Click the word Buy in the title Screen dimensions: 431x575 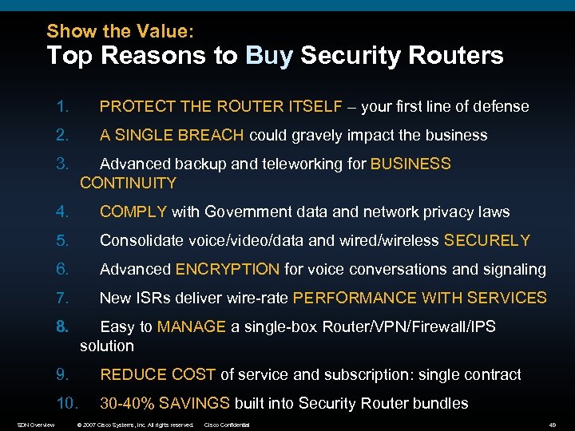(271, 56)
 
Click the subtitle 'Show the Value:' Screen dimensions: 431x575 (120, 31)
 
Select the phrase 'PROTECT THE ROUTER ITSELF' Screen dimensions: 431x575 (221, 107)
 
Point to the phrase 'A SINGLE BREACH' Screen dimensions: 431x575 (172, 136)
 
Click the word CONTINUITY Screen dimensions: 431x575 (128, 184)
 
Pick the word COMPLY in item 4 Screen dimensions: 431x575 (133, 212)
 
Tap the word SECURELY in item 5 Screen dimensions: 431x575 (487, 241)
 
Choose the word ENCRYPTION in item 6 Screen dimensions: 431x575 (228, 270)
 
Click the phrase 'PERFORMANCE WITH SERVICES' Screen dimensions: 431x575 (420, 299)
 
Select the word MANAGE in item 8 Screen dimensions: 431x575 (192, 327)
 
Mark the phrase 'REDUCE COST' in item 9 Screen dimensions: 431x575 (157, 375)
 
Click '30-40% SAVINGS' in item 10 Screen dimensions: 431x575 (165, 404)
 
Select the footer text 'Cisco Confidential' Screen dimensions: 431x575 (228, 425)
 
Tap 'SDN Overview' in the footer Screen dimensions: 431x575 (36, 425)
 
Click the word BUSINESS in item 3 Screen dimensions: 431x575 (411, 164)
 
